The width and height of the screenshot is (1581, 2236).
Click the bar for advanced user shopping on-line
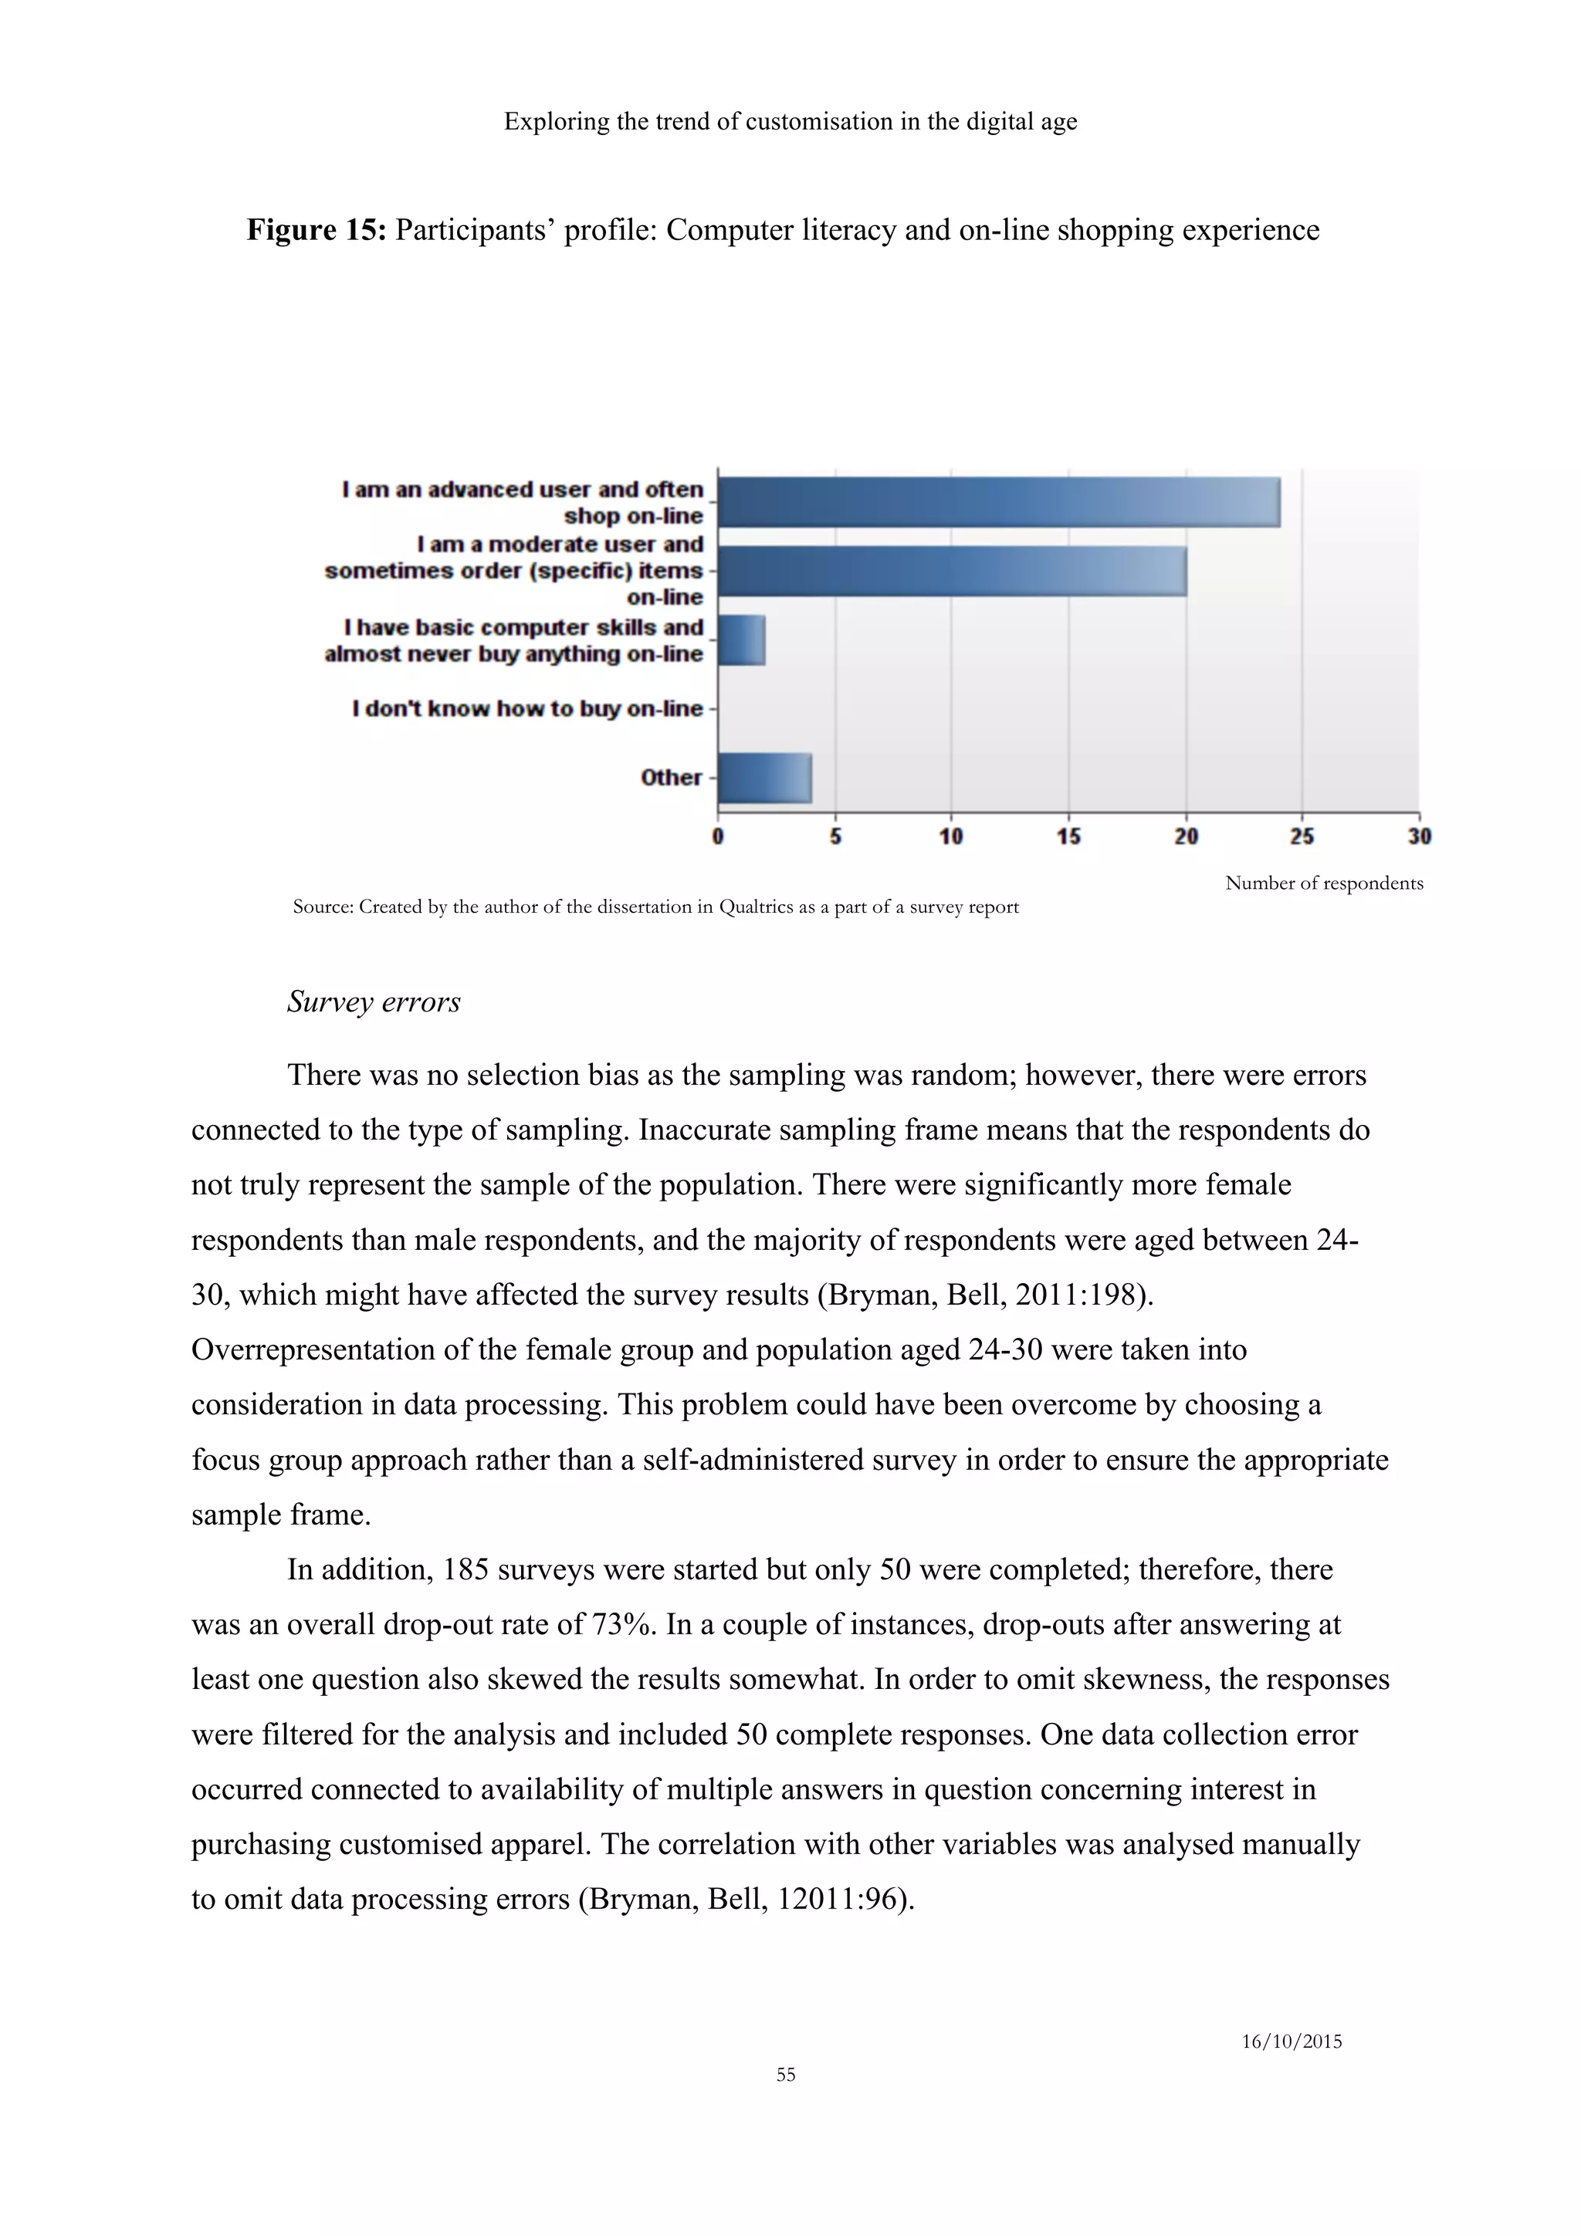[x=998, y=502]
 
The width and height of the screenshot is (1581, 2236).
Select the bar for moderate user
[x=952, y=571]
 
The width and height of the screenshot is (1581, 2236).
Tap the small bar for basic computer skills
[x=741, y=640]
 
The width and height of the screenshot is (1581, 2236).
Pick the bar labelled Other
[x=765, y=777]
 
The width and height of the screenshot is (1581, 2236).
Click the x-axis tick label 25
[x=1302, y=836]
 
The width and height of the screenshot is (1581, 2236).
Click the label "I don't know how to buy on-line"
[x=527, y=708]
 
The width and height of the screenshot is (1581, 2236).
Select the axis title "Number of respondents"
[x=1324, y=883]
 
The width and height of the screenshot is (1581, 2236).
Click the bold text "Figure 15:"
[x=317, y=230]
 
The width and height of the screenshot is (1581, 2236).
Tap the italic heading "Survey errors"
[x=373, y=1001]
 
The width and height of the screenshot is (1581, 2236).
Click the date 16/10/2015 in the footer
[x=1292, y=2042]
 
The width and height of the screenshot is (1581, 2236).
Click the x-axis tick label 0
[x=718, y=836]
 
